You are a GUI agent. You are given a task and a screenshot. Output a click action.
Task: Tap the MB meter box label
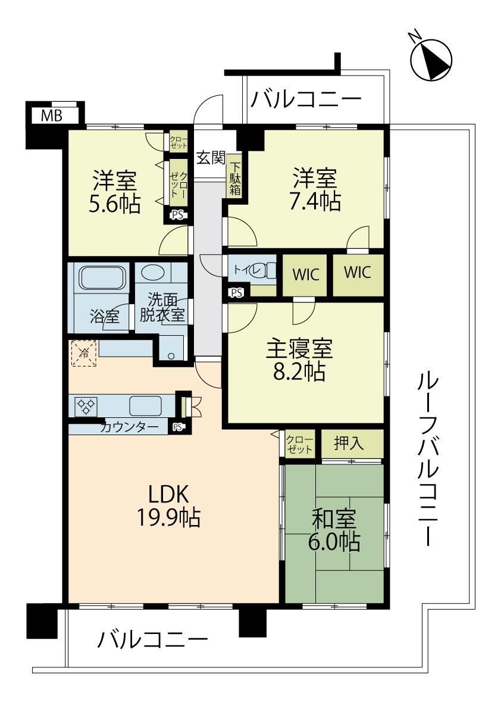pos(52,115)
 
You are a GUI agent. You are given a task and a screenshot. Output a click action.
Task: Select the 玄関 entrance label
pos(211,158)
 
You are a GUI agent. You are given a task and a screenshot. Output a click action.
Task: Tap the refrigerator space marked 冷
pos(83,353)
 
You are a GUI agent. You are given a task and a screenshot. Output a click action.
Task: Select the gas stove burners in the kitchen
pos(86,405)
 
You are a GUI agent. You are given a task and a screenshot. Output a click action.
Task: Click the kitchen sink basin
pos(145,405)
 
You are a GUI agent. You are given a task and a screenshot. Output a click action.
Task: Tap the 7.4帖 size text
pos(315,201)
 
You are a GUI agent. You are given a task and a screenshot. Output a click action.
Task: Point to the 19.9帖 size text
pos(168,517)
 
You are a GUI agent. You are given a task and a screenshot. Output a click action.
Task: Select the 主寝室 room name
pos(299,349)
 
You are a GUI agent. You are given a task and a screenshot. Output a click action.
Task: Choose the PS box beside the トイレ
pos(236,292)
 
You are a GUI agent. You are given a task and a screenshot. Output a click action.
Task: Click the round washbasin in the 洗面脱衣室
pos(152,273)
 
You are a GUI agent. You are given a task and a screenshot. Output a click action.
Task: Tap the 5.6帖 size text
pos(115,204)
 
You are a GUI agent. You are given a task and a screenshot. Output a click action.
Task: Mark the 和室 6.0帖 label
pos(334,530)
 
